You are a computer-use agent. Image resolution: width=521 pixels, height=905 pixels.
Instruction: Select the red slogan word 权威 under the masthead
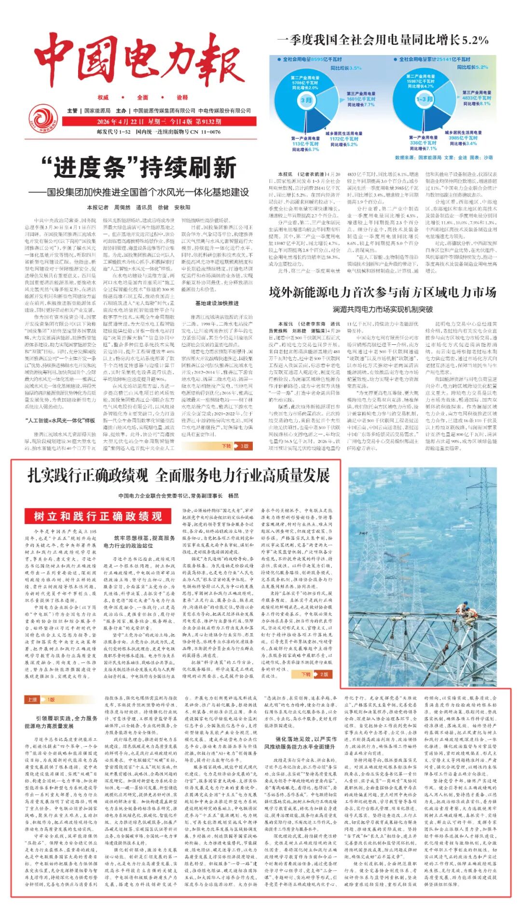103,97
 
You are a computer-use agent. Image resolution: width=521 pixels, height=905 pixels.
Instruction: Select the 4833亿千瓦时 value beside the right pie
476,98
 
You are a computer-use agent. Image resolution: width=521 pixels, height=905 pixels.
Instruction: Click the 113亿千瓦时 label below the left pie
305,144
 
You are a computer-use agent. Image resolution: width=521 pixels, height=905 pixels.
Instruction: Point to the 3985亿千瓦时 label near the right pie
463,138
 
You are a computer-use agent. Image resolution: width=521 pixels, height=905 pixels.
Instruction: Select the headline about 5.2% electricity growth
383,40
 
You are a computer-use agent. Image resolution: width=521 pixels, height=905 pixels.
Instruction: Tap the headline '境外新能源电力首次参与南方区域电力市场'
383,293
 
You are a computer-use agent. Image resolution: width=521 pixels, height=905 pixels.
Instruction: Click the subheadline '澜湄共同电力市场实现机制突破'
383,309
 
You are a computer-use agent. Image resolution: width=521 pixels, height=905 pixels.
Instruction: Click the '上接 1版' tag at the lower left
41,700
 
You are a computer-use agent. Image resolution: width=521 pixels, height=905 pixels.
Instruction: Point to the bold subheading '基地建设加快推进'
217,303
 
